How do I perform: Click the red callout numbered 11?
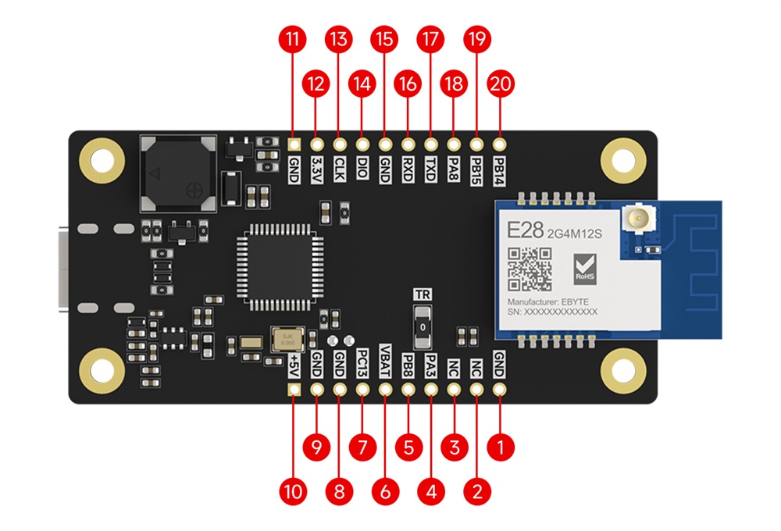(293, 39)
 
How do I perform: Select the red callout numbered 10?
(293, 491)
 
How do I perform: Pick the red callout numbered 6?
(385, 491)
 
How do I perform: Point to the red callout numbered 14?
(362, 84)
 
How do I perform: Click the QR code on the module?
(530, 269)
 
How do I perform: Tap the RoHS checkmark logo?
(585, 269)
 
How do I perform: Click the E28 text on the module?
(521, 231)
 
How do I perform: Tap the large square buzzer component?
(179, 173)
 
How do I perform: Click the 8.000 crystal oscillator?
(287, 340)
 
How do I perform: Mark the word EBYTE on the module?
(583, 301)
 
